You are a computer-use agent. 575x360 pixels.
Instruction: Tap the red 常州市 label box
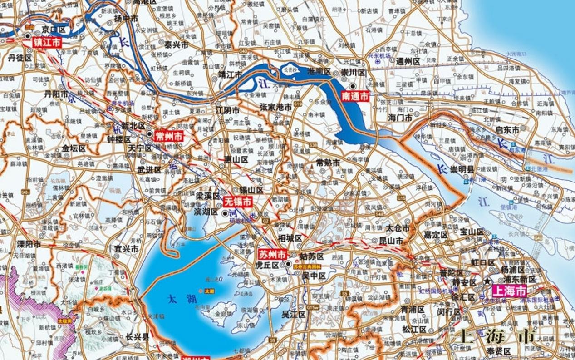[168, 136]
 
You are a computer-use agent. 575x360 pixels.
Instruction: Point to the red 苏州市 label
[272, 254]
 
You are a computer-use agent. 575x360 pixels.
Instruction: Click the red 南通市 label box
[355, 96]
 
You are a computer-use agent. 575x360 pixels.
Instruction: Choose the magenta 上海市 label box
[510, 291]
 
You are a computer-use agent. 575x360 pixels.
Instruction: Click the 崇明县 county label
[462, 169]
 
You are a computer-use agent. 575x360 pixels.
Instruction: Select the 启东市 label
[507, 130]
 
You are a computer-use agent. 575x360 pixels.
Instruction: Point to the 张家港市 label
[275, 107]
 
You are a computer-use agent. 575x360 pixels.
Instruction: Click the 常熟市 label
[328, 163]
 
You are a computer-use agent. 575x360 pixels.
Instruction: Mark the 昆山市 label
[391, 241]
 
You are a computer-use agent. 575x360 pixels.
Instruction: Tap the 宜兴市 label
[126, 249]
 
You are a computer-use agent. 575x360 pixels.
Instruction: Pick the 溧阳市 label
[29, 244]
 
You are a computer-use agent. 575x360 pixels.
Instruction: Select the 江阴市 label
[227, 110]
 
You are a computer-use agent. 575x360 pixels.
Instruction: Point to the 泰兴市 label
[176, 45]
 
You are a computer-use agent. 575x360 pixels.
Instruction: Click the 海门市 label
[400, 117]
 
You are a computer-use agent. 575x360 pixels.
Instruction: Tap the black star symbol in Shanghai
[487, 281]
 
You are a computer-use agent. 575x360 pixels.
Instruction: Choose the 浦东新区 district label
[517, 280]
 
